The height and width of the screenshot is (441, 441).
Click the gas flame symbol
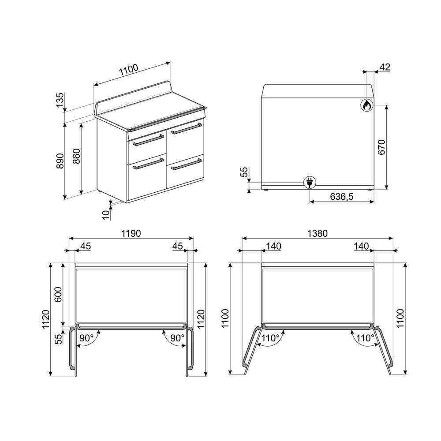(x=366, y=105)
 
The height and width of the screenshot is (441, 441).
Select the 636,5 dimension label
(x=342, y=197)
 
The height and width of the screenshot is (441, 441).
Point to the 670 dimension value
(x=381, y=147)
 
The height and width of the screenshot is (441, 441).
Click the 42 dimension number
(x=385, y=67)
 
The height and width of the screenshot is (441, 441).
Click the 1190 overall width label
(x=131, y=233)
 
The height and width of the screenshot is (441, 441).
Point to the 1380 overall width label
(x=318, y=233)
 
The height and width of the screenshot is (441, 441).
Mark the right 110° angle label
(x=365, y=338)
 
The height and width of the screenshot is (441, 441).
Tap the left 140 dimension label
(x=274, y=246)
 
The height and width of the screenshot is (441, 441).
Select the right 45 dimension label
(x=178, y=246)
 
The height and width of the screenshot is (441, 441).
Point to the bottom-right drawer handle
(x=186, y=165)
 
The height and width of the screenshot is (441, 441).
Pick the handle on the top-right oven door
(x=186, y=129)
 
